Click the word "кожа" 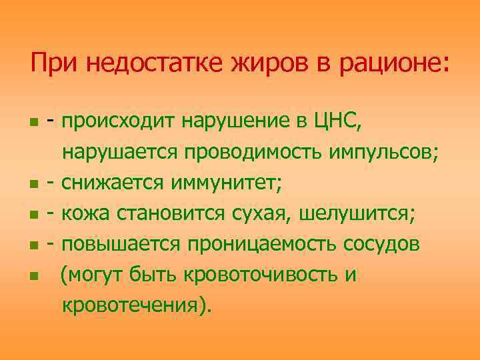[x=88, y=214]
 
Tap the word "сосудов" [x=381, y=244]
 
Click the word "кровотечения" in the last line [x=134, y=305]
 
